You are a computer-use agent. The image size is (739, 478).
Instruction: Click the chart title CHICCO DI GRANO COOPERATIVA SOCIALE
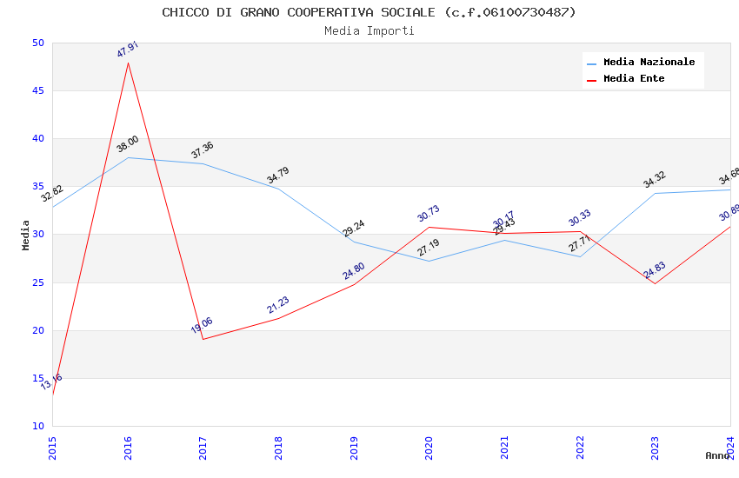(369, 12)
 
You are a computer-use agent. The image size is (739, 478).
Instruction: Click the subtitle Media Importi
(369, 31)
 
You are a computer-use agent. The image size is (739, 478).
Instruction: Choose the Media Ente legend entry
(633, 79)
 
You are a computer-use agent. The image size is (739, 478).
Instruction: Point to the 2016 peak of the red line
(128, 63)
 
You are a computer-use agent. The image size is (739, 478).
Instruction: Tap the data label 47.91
(128, 50)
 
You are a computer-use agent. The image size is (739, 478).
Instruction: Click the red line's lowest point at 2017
(203, 339)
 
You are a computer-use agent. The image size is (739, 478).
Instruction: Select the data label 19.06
(202, 326)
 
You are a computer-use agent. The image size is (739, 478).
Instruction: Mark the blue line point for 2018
(278, 189)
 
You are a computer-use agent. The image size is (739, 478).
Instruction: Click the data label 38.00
(128, 144)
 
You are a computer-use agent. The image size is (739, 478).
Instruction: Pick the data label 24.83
(655, 270)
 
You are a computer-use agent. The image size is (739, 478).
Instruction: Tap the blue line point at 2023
(655, 193)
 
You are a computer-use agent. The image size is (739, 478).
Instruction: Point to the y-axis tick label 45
(37, 91)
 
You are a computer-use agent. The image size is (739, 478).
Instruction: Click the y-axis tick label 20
(37, 330)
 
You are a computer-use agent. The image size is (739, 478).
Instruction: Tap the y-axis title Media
(26, 235)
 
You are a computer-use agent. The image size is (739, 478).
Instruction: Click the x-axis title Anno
(717, 455)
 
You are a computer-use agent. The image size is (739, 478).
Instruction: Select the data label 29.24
(354, 229)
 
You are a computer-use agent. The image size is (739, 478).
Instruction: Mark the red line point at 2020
(429, 227)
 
